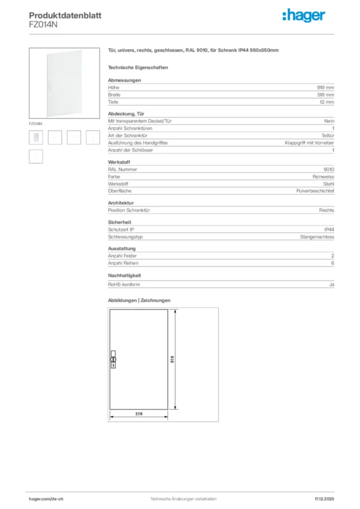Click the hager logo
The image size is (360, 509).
pos(304,16)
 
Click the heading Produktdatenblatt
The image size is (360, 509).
pos(65,15)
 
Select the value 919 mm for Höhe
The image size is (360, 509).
pos(326,87)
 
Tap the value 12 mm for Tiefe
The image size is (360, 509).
pos(327,102)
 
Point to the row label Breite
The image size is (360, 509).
pos(114,94)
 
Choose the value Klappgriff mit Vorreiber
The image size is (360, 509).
pos(309,143)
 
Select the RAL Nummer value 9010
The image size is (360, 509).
pos(329,169)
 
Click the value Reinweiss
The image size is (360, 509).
pos(323,176)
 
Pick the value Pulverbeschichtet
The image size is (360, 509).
pos(315,191)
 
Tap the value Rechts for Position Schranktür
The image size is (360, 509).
pos(327,210)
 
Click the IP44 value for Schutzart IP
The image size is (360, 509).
pos(329,230)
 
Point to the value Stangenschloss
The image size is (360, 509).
pos(317,237)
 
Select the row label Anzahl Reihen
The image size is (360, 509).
pos(123,263)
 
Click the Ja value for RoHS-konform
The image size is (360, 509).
pos(332,284)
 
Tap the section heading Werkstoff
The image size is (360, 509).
pos(119,162)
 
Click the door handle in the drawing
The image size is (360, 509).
pos(113,359)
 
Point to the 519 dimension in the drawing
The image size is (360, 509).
pos(139,413)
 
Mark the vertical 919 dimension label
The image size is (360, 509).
pos(172,359)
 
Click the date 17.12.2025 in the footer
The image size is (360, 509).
pos(324,498)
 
